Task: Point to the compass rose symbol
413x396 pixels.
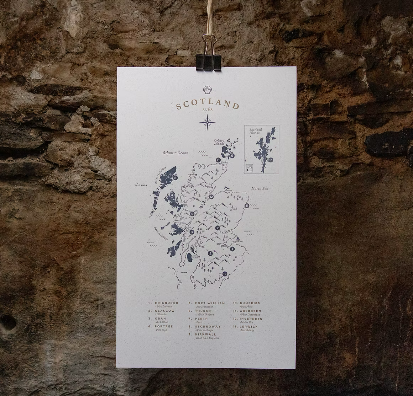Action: pyautogui.click(x=207, y=123)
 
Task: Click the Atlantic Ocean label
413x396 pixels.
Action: pyautogui.click(x=175, y=153)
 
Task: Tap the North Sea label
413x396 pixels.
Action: pyautogui.click(x=260, y=188)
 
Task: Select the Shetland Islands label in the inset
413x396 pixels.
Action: pyautogui.click(x=256, y=132)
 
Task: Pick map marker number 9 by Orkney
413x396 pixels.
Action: pyautogui.click(x=232, y=156)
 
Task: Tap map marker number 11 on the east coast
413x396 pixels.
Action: pyautogui.click(x=246, y=205)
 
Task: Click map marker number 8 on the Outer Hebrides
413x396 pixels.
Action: pyautogui.click(x=175, y=178)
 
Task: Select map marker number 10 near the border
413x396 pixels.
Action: pyautogui.click(x=225, y=274)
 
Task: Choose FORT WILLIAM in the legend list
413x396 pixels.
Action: pyautogui.click(x=210, y=303)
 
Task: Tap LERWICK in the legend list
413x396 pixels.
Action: pyautogui.click(x=249, y=327)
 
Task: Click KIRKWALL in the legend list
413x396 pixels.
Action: pyautogui.click(x=208, y=335)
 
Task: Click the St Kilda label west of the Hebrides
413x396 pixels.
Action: pyautogui.click(x=142, y=185)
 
